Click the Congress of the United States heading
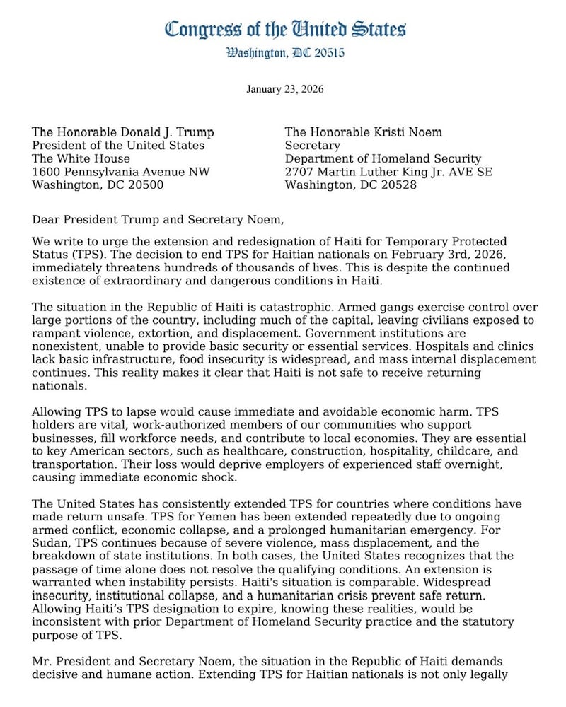[285, 29]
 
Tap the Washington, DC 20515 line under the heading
[285, 53]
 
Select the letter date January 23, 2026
[285, 89]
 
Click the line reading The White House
[81, 159]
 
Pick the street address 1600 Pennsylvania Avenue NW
[121, 173]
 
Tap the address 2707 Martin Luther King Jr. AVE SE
[388, 173]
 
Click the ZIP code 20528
[395, 186]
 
